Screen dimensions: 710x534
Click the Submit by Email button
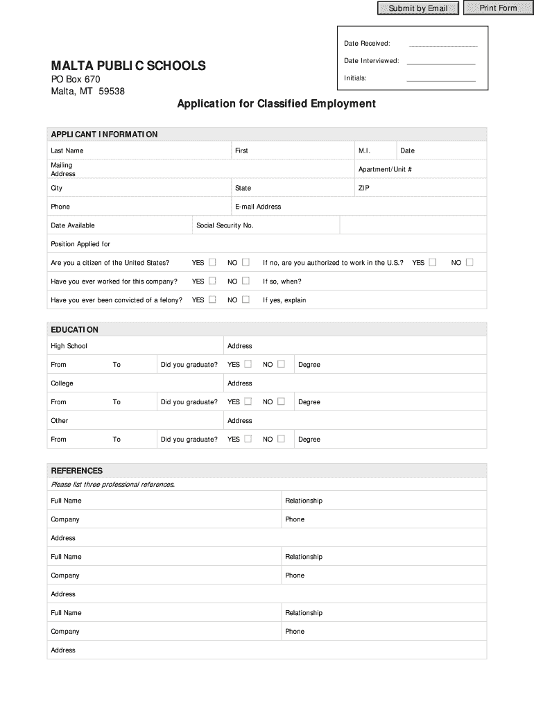[417, 8]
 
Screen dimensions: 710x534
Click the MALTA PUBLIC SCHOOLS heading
[128, 66]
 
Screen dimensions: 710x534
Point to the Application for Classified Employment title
[276, 104]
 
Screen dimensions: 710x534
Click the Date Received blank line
[443, 44]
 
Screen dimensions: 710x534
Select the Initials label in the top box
[355, 78]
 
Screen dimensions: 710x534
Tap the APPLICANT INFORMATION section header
[104, 135]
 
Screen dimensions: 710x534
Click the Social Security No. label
[225, 225]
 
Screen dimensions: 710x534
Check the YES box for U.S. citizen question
[212, 262]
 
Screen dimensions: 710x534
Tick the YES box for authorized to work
[433, 262]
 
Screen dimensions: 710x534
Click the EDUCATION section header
[75, 329]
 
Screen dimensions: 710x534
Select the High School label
[69, 346]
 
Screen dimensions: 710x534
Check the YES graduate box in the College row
[248, 401]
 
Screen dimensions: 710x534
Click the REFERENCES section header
[77, 471]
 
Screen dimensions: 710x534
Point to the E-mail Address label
[258, 207]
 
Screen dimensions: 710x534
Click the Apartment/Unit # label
[385, 170]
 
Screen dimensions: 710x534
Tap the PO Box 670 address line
[76, 80]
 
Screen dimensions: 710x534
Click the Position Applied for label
[80, 244]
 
